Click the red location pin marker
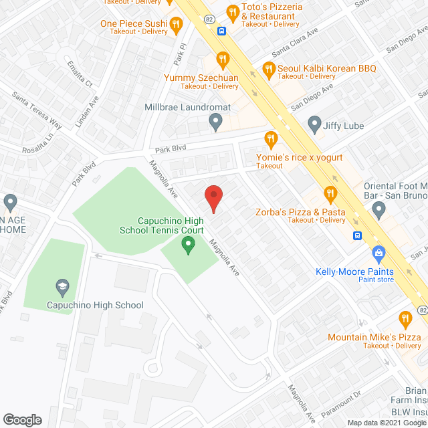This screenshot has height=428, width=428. pyautogui.click(x=213, y=199)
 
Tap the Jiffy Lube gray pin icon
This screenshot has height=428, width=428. pyautogui.click(x=314, y=124)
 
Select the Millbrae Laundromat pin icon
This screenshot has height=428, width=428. pyautogui.click(x=215, y=122)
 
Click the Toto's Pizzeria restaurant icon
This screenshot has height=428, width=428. pyautogui.click(x=233, y=11)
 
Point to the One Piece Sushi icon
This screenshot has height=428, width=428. pyautogui.click(x=176, y=25)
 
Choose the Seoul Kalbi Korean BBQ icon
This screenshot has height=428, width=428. pyautogui.click(x=268, y=69)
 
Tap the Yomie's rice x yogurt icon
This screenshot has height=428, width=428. pyautogui.click(x=271, y=140)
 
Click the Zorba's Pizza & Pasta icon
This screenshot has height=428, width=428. pyautogui.click(x=330, y=195)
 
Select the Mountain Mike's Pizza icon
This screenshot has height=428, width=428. pyautogui.click(x=404, y=319)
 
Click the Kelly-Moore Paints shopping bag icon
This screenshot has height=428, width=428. pyautogui.click(x=379, y=253)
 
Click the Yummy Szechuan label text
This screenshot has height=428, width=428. pyautogui.click(x=201, y=77)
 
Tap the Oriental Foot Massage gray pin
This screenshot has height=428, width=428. pyautogui.click(x=379, y=211)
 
